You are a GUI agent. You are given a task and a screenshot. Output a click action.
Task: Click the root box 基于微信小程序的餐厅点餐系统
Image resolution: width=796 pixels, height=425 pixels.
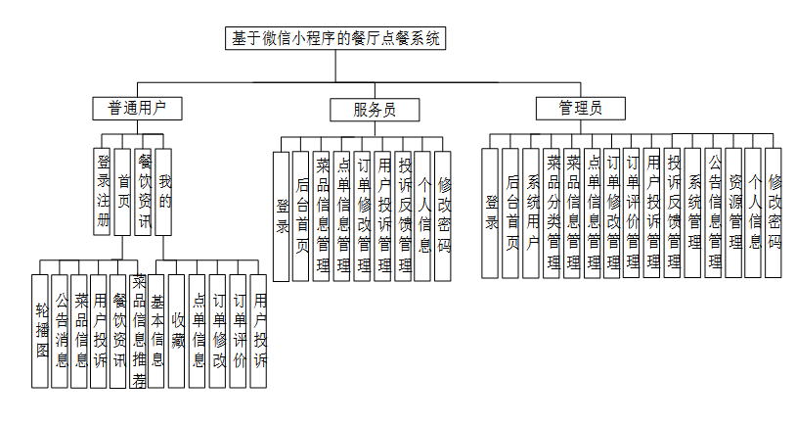[335, 39]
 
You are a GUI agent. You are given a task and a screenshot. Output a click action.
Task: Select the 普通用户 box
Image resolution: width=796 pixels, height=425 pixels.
[138, 108]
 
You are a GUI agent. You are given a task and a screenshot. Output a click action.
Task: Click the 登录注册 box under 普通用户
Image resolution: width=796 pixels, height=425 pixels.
[103, 191]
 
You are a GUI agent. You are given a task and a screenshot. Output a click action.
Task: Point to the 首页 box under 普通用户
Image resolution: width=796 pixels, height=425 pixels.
[123, 191]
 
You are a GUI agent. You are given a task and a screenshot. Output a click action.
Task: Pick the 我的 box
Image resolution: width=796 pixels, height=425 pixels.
[164, 191]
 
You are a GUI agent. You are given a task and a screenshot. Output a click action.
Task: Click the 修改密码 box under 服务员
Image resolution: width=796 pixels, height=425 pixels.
[444, 215]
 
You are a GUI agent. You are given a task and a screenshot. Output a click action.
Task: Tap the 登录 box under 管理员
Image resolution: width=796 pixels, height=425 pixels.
[492, 212]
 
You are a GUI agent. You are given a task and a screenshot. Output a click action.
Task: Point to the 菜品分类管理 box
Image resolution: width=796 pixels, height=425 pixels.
[553, 212]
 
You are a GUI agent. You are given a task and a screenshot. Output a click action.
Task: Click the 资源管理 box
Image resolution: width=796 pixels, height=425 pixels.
[734, 212]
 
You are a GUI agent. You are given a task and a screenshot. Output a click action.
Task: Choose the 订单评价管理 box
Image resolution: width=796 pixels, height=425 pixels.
[633, 212]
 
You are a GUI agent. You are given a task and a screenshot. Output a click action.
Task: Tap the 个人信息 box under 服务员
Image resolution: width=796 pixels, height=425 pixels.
[423, 215]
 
